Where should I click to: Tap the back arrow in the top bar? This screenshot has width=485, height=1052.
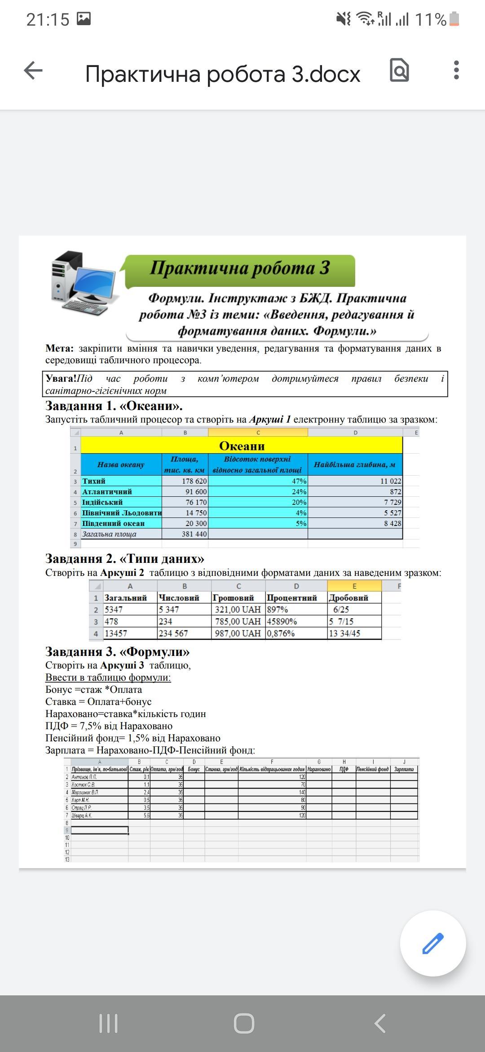(x=33, y=71)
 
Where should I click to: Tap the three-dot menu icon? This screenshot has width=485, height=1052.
(x=456, y=71)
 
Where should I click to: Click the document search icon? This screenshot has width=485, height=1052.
(x=399, y=70)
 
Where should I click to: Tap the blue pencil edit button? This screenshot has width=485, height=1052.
(x=433, y=943)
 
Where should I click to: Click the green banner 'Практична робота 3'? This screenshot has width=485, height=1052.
(x=240, y=269)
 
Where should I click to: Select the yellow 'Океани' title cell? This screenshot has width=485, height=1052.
(x=242, y=446)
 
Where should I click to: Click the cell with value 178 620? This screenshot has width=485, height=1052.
(x=185, y=481)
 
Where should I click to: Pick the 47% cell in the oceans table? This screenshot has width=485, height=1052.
(x=258, y=481)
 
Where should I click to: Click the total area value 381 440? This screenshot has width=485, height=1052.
(x=185, y=534)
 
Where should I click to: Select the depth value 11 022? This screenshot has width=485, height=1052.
(x=355, y=481)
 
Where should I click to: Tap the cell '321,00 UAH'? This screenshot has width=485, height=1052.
(x=238, y=610)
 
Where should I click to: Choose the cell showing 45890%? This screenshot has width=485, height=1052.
(x=282, y=621)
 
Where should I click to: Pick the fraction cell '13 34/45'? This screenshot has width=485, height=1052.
(x=345, y=633)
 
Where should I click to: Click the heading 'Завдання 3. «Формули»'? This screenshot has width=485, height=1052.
(x=117, y=651)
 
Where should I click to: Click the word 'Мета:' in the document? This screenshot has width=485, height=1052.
(x=59, y=348)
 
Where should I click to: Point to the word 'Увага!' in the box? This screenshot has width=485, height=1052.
(x=61, y=379)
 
